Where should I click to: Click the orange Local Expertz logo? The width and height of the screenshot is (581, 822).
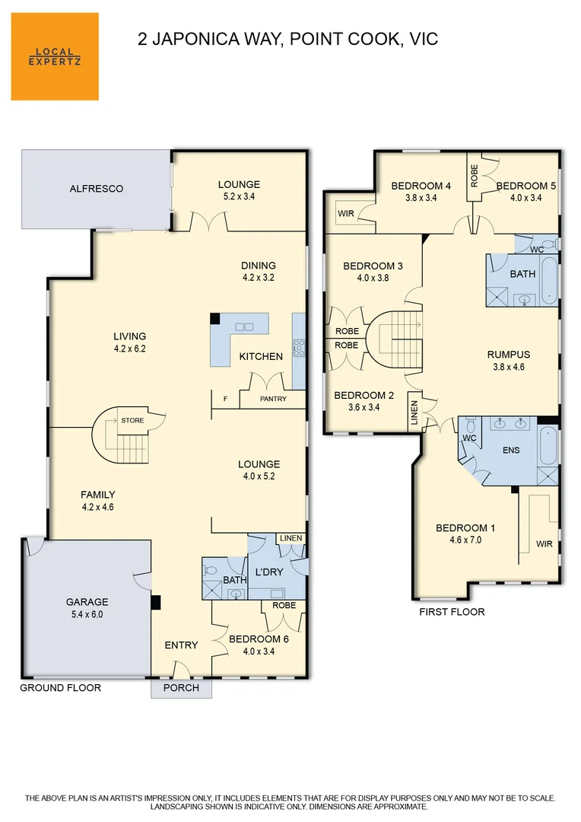[x=55, y=56]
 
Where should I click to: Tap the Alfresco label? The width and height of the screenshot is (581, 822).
[x=97, y=189]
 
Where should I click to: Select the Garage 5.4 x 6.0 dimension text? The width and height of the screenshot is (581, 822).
[x=87, y=614]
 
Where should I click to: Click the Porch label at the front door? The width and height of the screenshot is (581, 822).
[x=181, y=688]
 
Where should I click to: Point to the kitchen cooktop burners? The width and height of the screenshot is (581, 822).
[x=299, y=348]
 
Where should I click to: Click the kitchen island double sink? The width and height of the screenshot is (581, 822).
[x=244, y=327]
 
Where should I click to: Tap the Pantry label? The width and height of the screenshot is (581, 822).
[x=274, y=399]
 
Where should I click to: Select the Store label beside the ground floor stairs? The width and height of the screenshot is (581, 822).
[x=132, y=420]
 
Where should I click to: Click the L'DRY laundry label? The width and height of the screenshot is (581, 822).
[x=269, y=572]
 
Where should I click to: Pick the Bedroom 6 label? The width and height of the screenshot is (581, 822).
[x=259, y=639]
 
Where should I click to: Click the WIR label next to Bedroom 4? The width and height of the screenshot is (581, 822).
[x=346, y=213]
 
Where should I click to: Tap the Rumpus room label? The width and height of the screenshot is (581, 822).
[x=509, y=355]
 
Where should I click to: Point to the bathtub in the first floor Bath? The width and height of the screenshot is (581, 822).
[x=549, y=280]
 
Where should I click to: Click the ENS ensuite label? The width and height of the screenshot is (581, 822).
[x=511, y=450]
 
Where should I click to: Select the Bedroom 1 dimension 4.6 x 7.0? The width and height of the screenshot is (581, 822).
[x=465, y=540]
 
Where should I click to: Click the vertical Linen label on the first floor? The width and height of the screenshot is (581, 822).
[x=414, y=413]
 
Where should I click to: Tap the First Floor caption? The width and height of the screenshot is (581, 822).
[x=452, y=612]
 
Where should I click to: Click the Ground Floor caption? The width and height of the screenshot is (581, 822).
[x=60, y=688]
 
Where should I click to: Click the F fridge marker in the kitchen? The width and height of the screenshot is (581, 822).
[x=225, y=399]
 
